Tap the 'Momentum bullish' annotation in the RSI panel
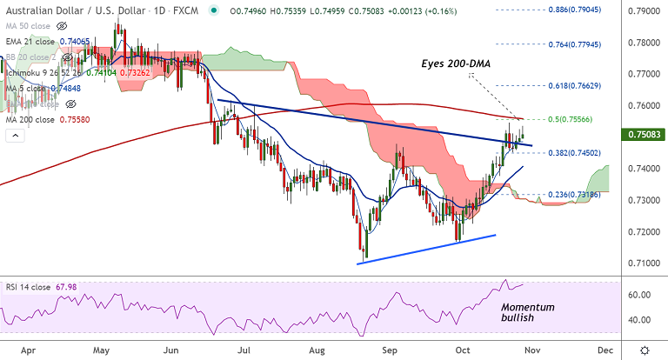click(x=527, y=314)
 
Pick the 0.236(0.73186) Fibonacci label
click(x=569, y=195)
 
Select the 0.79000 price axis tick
click(x=645, y=13)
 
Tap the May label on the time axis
click(x=101, y=349)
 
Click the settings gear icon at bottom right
click(x=645, y=349)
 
